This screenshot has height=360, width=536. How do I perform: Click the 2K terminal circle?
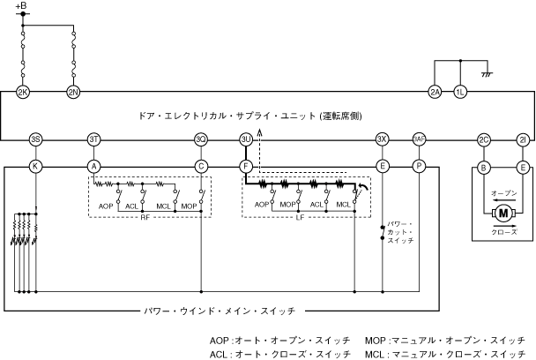point(23,92)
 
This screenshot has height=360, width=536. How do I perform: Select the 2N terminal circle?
point(73,92)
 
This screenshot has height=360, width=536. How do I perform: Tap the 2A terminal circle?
point(434,92)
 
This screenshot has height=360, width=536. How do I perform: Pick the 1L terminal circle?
point(459,92)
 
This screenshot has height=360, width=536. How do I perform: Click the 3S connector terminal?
point(35,139)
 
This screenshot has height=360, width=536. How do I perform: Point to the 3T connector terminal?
point(94,139)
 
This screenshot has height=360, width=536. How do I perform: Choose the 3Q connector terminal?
point(201,139)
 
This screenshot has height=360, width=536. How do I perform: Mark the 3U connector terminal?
point(246,139)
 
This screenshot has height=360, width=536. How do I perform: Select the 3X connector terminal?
point(382,139)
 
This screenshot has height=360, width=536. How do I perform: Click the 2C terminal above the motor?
point(483,139)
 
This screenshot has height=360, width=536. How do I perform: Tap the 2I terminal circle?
point(523,139)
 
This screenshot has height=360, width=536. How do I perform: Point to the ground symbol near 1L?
point(484,74)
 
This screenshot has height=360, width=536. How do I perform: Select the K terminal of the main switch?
point(35,165)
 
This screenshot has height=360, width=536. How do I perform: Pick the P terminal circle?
point(419,165)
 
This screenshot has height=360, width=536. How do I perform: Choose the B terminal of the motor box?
point(483,165)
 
